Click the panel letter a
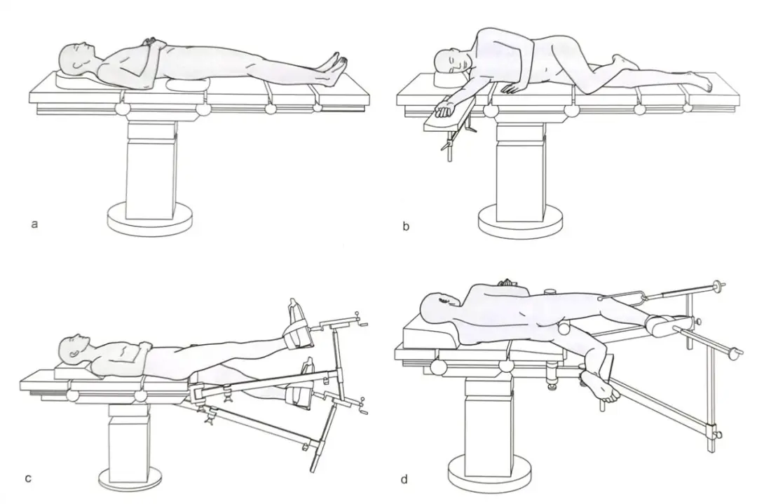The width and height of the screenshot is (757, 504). tap(34, 224)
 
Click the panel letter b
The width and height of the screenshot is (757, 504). tap(406, 226)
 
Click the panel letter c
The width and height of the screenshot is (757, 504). tap(29, 478)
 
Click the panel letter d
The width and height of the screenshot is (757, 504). tap(404, 479)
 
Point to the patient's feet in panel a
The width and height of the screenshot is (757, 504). tap(336, 67)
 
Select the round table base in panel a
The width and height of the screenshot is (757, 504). tap(150, 219)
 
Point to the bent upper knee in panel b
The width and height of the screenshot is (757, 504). tap(618, 60)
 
